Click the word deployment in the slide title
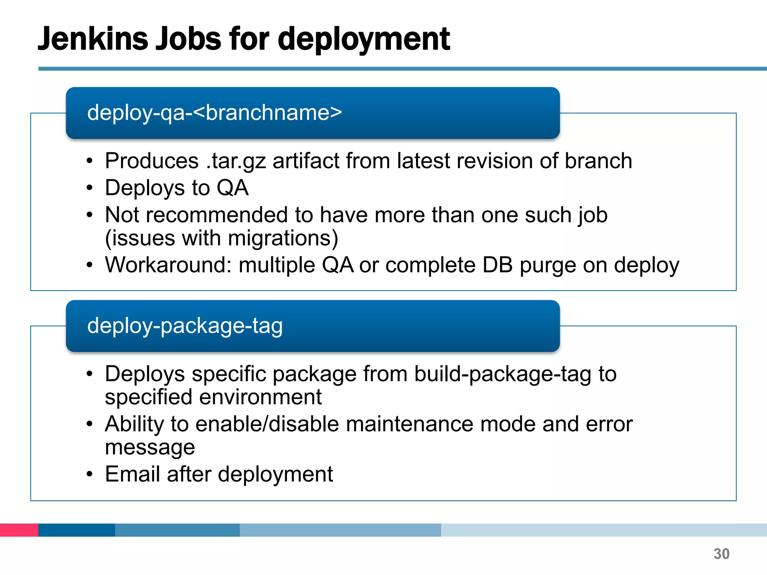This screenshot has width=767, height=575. tap(364, 39)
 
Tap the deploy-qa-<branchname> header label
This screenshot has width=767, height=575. tap(215, 112)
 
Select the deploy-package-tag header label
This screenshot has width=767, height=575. tap(185, 326)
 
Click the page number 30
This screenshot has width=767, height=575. tap(721, 554)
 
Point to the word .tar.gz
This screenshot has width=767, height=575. tap(236, 161)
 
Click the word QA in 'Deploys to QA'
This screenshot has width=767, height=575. tap(233, 188)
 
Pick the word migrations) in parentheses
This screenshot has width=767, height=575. tap(283, 238)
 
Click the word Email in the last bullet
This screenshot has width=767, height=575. tap(133, 474)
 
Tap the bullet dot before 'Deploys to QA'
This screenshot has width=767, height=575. tap(89, 188)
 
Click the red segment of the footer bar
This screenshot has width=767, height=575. tap(19, 530)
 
